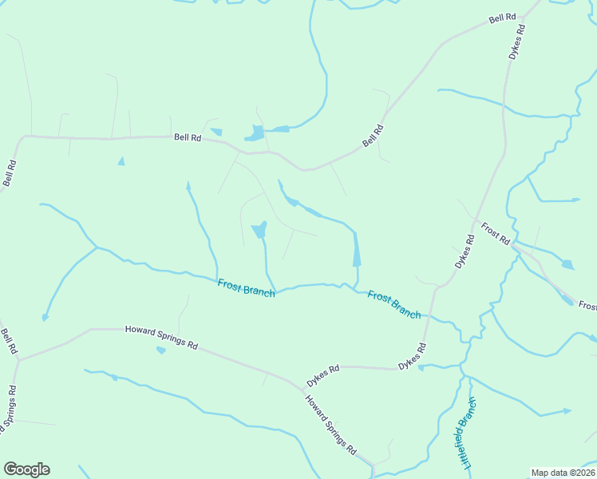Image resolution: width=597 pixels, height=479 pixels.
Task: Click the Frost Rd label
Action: click(496, 235)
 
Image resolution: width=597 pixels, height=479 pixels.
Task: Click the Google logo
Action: click(26, 469)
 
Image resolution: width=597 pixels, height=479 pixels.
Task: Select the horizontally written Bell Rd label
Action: click(188, 137)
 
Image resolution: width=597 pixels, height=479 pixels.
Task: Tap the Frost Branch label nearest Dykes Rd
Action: click(394, 304)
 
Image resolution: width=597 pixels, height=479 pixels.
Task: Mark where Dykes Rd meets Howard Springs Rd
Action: click(304, 389)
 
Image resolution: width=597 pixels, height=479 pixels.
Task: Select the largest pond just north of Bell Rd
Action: click(256, 133)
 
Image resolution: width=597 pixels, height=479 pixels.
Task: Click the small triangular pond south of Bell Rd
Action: click(121, 161)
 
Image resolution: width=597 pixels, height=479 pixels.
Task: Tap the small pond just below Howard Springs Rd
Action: click(161, 350)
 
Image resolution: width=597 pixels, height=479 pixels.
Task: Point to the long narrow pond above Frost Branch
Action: click(356, 253)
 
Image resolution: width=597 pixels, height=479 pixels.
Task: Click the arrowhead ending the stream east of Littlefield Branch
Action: click(567, 410)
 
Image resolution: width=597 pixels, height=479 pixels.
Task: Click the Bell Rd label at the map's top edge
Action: click(504, 18)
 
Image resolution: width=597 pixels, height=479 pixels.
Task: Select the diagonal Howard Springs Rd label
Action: click(330, 423)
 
